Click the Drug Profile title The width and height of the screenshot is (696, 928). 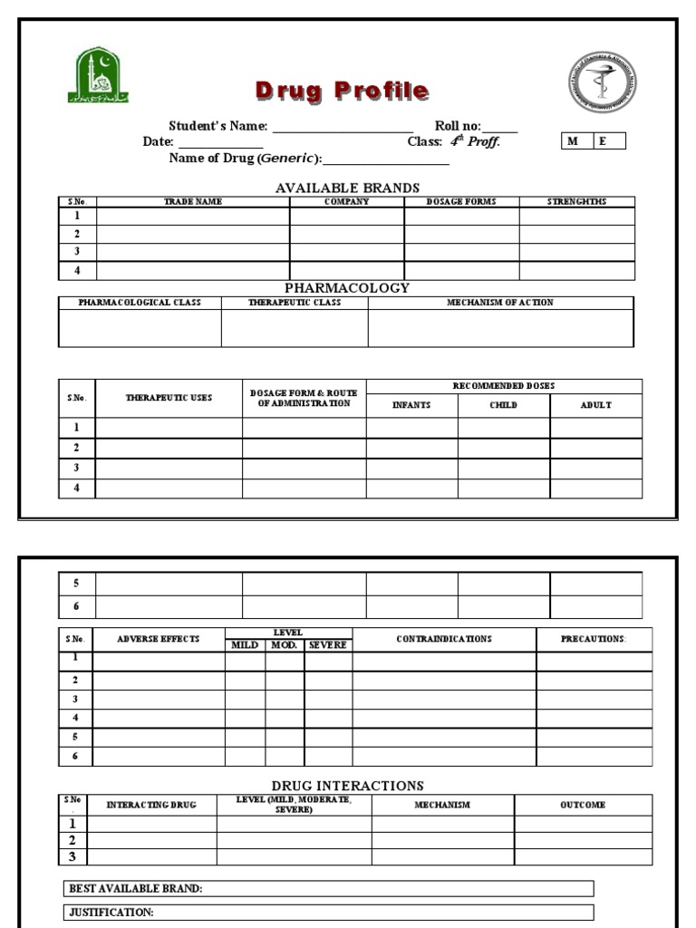(342, 91)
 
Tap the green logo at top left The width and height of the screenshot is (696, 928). (97, 76)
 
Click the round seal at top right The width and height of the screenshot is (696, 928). (602, 82)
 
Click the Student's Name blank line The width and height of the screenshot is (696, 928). (342, 127)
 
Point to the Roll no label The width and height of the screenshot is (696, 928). (458, 126)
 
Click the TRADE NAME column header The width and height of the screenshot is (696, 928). (192, 202)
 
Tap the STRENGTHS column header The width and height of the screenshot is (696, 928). (576, 202)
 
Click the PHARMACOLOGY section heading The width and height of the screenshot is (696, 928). (347, 287)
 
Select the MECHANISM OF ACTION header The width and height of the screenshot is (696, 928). (500, 303)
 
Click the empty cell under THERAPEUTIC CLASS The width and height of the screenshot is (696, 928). (295, 328)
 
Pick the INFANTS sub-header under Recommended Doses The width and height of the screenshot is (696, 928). (411, 405)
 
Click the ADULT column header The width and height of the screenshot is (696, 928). (595, 405)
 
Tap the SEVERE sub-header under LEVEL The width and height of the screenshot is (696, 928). (328, 645)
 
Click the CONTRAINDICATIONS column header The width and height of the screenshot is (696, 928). (444, 639)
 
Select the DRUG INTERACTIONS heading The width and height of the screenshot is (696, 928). (347, 786)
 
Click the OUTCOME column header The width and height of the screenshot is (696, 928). (583, 805)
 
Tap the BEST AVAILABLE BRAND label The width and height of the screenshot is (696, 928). (136, 889)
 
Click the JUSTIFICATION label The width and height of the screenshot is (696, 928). (111, 913)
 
